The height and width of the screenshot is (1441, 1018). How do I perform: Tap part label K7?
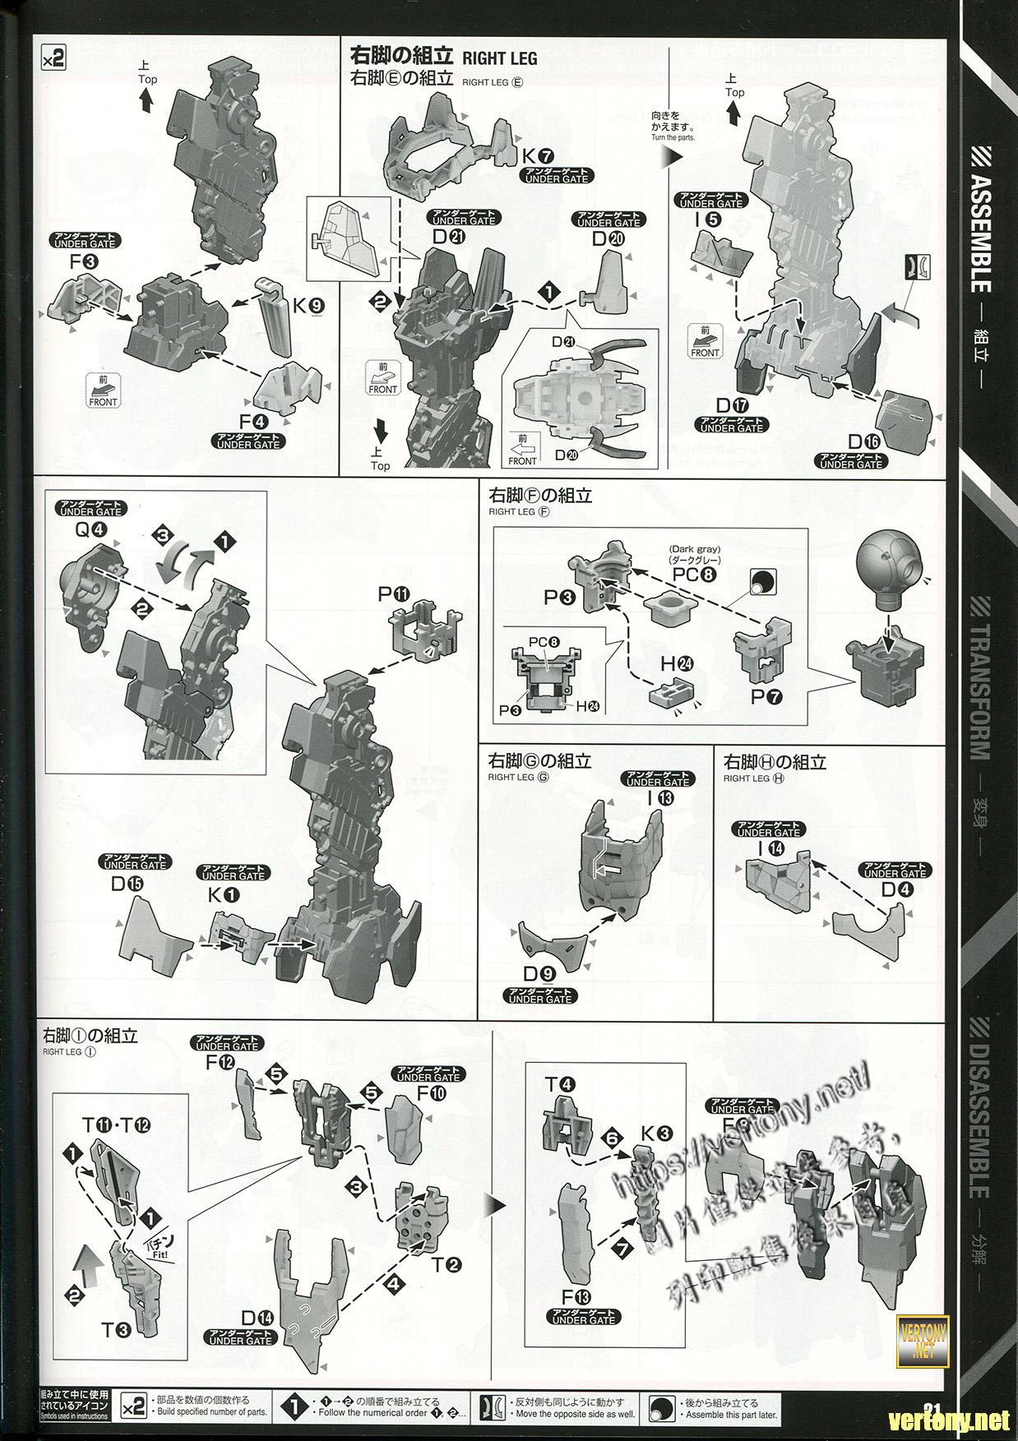coord(540,156)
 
